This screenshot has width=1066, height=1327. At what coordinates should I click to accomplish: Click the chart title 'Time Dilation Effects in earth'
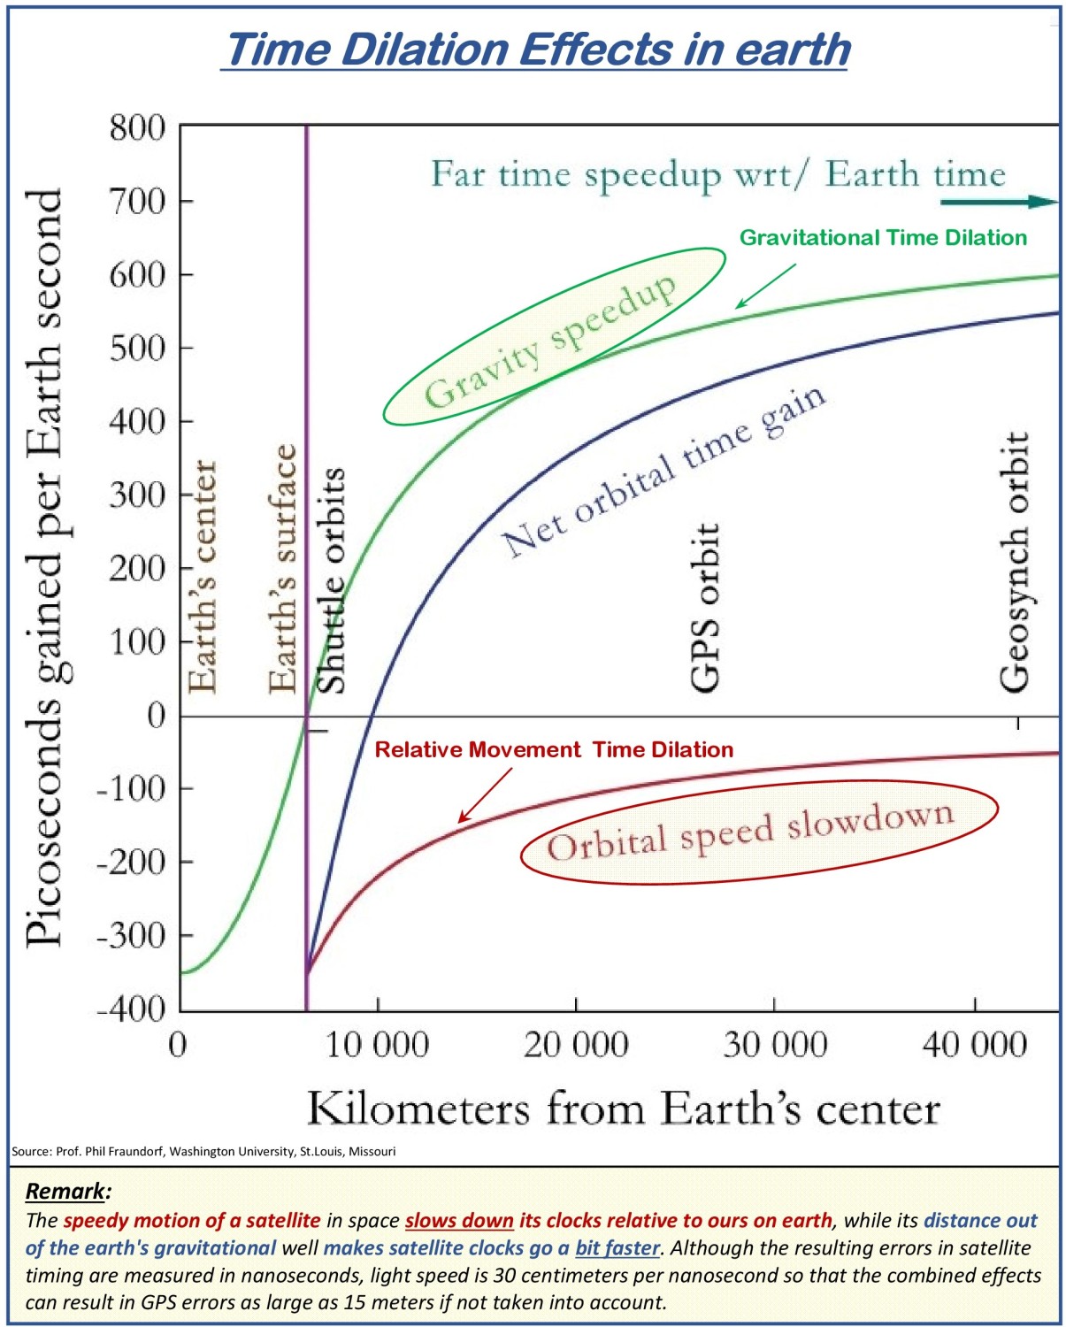pyautogui.click(x=534, y=50)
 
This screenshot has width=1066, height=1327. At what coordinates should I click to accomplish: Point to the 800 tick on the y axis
pyautogui.click(x=138, y=128)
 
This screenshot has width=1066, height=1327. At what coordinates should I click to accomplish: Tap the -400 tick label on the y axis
pyautogui.click(x=132, y=1009)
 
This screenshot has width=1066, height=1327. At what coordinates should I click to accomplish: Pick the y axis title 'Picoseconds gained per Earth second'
pyautogui.click(x=44, y=567)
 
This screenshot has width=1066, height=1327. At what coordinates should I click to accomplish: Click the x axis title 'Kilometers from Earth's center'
pyautogui.click(x=624, y=1109)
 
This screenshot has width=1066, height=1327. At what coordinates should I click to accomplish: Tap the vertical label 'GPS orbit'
pyautogui.click(x=705, y=608)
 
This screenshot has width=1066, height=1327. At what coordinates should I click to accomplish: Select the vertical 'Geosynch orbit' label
pyautogui.click(x=1014, y=561)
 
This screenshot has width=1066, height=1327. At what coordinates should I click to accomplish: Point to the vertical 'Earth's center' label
pyautogui.click(x=203, y=577)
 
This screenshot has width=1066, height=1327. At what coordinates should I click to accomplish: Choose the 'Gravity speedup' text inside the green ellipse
pyautogui.click(x=550, y=341)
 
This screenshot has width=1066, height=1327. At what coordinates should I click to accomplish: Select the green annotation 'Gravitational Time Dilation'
pyautogui.click(x=883, y=237)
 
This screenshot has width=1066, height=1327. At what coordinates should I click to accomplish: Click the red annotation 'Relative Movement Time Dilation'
pyautogui.click(x=555, y=749)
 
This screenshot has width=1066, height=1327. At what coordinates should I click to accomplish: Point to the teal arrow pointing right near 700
pyautogui.click(x=1000, y=202)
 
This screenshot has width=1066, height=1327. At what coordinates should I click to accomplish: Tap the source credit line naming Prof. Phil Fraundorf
pyautogui.click(x=203, y=1151)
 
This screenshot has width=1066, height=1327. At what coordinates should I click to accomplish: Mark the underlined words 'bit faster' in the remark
pyautogui.click(x=617, y=1247)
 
